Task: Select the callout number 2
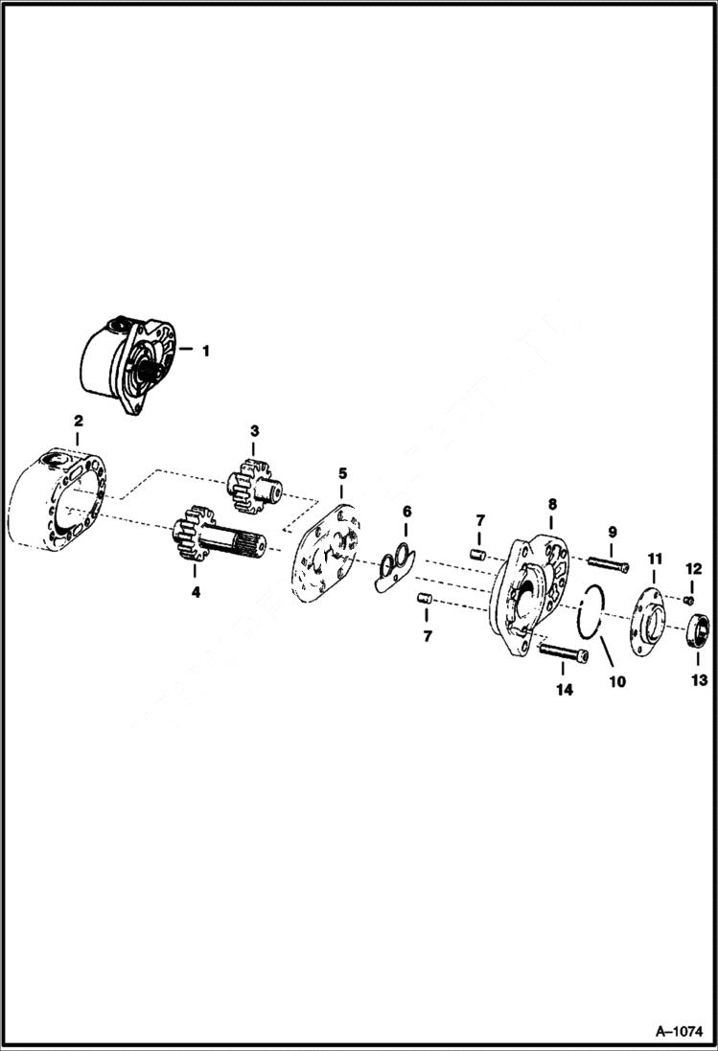tap(78, 421)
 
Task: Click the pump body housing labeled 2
tap(59, 502)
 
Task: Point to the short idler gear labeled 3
tap(251, 485)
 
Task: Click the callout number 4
tap(196, 592)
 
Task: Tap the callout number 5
tap(342, 473)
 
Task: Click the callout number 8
tap(552, 503)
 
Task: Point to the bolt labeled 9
tap(603, 564)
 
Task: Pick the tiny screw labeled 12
tap(688, 600)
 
